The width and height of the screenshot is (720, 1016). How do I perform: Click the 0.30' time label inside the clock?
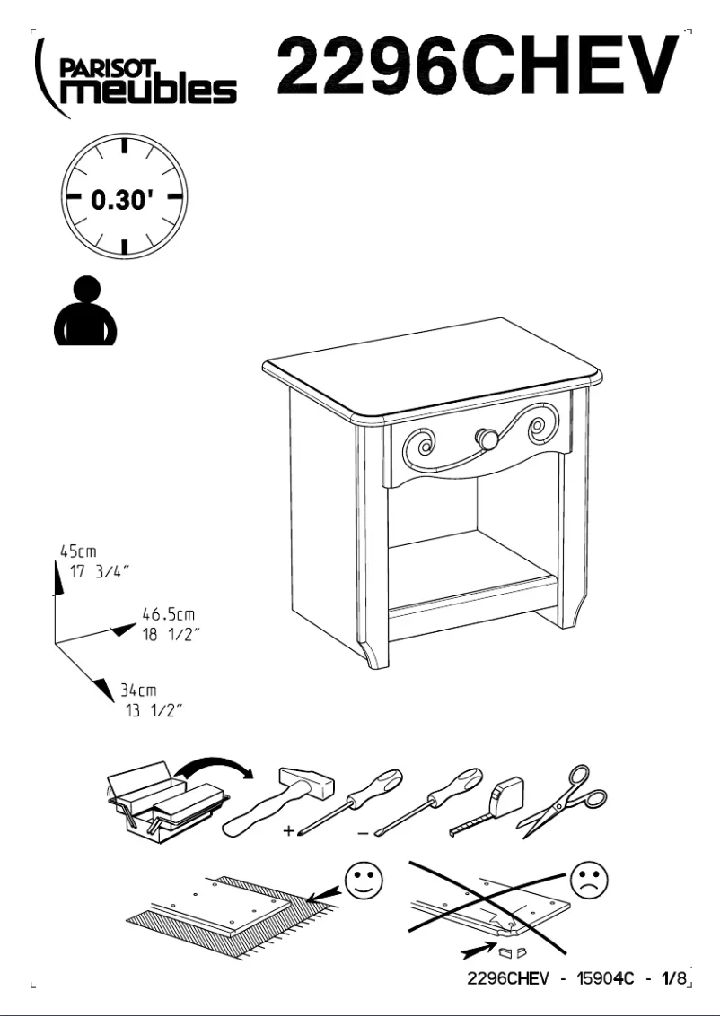coord(122,199)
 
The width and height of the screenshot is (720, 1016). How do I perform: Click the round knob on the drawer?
coord(487,439)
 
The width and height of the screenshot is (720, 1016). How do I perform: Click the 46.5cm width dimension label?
coord(169,615)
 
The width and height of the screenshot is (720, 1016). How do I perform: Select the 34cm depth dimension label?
coord(139,690)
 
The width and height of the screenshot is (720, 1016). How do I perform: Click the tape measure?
coord(489,803)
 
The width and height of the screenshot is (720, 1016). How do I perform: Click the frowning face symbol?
coord(588,880)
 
